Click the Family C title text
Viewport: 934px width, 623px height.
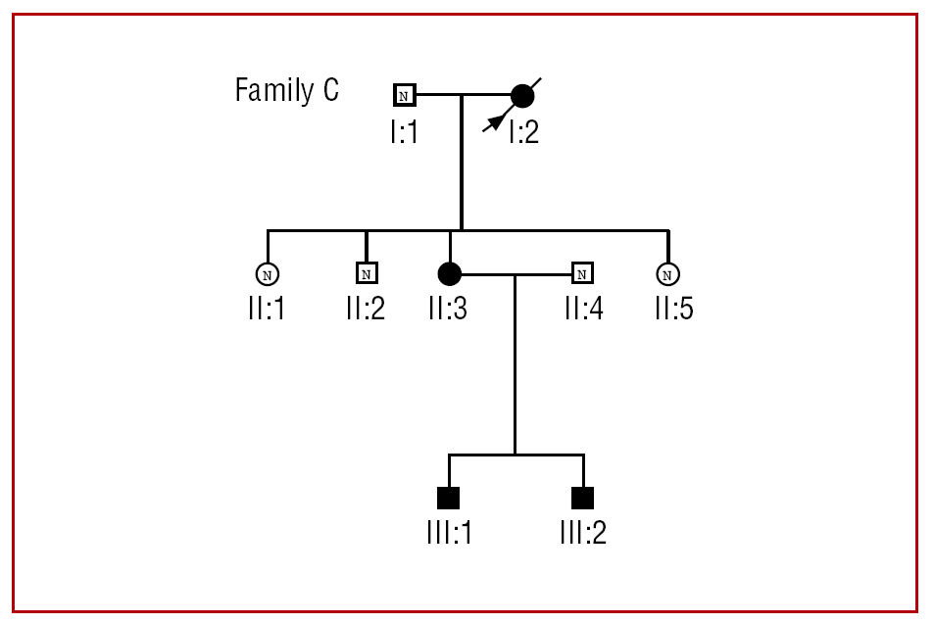click(286, 91)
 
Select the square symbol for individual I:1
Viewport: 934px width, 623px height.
click(404, 95)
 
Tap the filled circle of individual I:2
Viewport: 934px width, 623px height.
click(522, 96)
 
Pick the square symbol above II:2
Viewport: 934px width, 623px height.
click(366, 273)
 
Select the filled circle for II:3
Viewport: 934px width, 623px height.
click(449, 273)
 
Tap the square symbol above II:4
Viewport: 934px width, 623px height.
click(583, 273)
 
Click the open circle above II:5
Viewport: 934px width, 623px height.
click(667, 273)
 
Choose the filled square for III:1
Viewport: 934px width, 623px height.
click(448, 498)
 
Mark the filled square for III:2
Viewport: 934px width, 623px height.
click(583, 498)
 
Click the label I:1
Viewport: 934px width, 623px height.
click(404, 131)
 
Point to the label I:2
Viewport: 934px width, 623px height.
click(524, 131)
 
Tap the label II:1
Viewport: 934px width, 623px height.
click(267, 310)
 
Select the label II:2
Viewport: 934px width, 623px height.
click(366, 310)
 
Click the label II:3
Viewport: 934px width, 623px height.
click(448, 310)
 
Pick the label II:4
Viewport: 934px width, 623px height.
click(583, 310)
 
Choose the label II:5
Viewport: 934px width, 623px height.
click(674, 310)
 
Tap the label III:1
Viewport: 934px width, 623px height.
click(449, 534)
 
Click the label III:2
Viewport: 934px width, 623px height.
click(583, 534)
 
